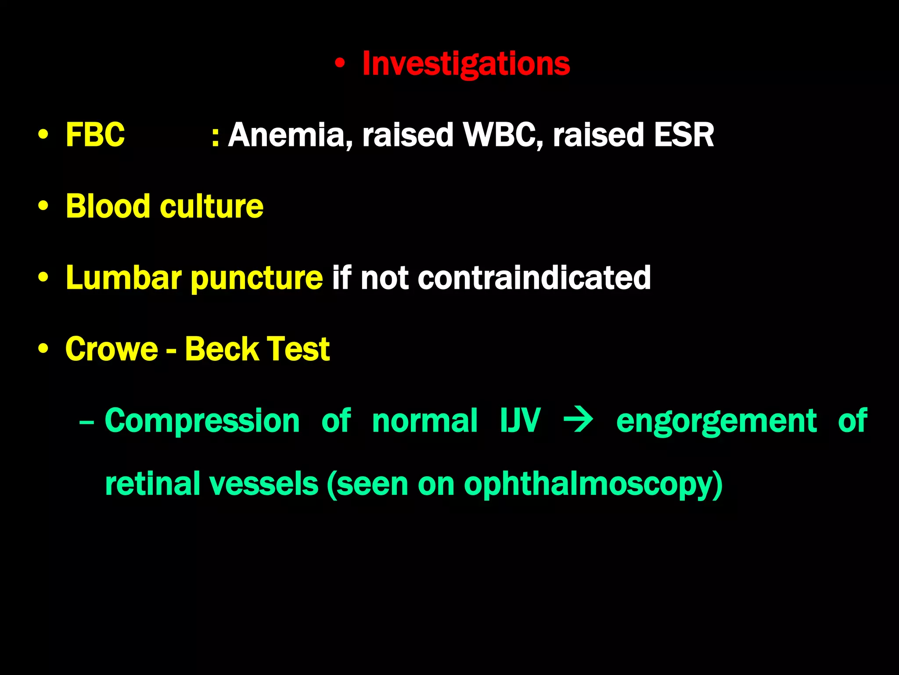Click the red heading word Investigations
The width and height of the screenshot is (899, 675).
click(x=466, y=64)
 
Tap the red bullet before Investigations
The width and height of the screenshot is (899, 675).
click(x=339, y=64)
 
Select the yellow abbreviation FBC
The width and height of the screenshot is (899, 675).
click(x=95, y=134)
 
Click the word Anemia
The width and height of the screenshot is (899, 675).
click(x=290, y=134)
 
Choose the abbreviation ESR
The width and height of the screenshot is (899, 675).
click(x=683, y=134)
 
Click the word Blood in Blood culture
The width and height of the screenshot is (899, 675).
click(x=108, y=206)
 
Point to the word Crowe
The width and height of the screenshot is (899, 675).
click(x=111, y=349)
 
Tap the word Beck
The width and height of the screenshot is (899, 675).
click(x=222, y=349)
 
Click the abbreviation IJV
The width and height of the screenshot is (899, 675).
click(x=520, y=421)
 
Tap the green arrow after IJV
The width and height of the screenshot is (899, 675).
click(x=578, y=421)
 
